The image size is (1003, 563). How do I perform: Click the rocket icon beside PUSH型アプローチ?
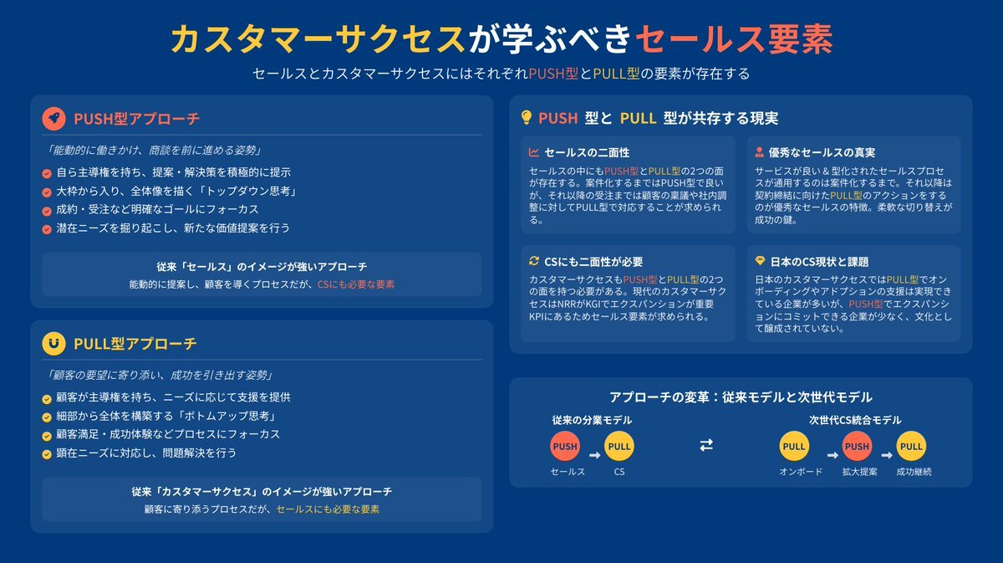coord(53,119)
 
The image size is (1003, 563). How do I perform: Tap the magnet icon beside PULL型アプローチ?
coord(53,344)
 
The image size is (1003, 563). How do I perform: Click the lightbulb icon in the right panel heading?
coord(527,117)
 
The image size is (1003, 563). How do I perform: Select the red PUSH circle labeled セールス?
coord(565,447)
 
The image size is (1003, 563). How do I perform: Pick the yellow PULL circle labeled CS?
coord(619,447)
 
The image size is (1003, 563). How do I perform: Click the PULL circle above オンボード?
coord(794,447)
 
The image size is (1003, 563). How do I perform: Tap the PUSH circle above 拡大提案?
coord(857,447)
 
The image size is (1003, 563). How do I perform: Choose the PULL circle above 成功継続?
coord(911,447)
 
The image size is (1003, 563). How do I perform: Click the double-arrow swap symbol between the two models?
coord(706,445)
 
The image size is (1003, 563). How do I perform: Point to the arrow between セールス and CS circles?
coord(594,455)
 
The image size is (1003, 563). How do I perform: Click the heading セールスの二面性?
coord(587,153)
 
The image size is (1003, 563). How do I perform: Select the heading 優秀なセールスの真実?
coord(822,153)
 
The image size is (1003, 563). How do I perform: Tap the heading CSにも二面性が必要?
coord(593,262)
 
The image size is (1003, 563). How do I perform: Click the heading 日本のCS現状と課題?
coord(819,262)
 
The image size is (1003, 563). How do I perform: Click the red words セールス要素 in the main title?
coord(734,39)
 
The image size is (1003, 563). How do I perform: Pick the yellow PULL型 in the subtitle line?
coord(616,74)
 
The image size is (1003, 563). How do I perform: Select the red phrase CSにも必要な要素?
coord(356,284)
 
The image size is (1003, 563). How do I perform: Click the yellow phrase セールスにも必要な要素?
coord(328,509)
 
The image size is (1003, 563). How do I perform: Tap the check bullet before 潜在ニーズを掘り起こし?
coord(47,229)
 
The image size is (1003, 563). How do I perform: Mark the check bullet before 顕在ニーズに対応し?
coord(47,454)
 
